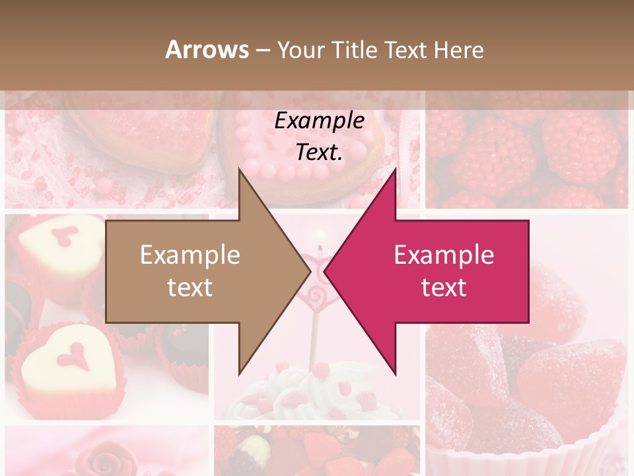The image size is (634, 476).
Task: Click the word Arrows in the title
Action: tap(207, 50)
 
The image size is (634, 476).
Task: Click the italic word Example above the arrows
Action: tap(320, 120)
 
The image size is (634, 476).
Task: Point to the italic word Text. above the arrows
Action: tap(320, 153)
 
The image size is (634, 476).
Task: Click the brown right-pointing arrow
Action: tap(198, 271)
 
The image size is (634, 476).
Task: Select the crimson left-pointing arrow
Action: tap(449, 271)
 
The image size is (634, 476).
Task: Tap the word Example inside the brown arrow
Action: tap(190, 255)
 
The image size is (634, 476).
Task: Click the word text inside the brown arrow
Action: tap(190, 288)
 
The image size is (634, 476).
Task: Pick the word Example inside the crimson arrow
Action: tap(444, 255)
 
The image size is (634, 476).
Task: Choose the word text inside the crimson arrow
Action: tap(444, 288)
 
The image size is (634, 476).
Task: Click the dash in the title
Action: tap(262, 50)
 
